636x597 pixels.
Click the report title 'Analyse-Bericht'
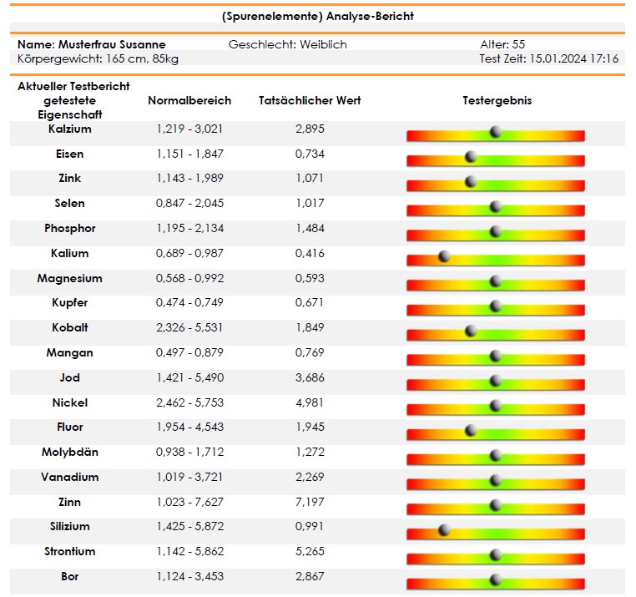pos(370,16)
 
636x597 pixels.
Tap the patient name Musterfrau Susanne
pos(112,44)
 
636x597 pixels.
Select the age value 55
pos(518,44)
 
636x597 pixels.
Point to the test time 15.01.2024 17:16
pos(574,58)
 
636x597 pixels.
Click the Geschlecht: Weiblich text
pos(288,44)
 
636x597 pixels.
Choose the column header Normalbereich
pos(189,100)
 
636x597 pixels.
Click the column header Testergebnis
pos(497,101)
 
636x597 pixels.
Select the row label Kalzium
pos(70,129)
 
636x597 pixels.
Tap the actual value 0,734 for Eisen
pos(310,154)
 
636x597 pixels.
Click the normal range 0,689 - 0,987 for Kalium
pos(189,253)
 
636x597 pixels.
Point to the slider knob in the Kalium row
pos(445,256)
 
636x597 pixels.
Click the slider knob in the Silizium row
pos(445,529)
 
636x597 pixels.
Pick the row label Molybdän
pos(70,452)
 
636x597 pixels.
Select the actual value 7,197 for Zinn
pos(310,502)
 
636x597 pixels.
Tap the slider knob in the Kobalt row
pos(471,331)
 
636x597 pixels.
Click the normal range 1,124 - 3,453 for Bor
pos(189,576)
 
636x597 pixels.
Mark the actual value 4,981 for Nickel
pos(310,402)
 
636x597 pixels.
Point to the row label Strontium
pos(70,551)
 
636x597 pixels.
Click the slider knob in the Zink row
pos(471,181)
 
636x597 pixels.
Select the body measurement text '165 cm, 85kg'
pos(143,59)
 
